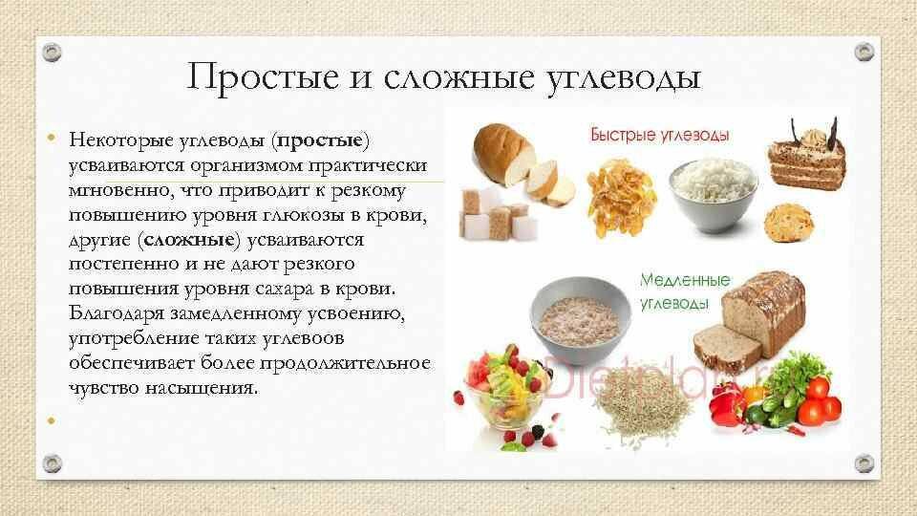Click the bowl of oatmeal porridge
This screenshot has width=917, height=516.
point(580,311)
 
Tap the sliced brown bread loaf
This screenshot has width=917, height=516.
point(751,315)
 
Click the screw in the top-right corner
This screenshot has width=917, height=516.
point(864,50)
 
